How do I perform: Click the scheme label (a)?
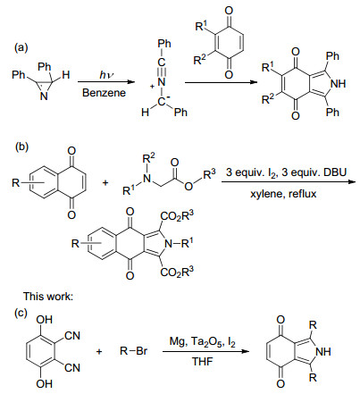pos(21,47)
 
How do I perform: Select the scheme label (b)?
pos(21,147)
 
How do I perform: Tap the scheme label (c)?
pos(21,313)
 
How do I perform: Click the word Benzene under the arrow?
pos(104,93)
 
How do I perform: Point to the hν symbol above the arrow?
pos(106,75)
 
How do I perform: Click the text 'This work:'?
pos(48,297)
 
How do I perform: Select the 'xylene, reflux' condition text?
pos(283,194)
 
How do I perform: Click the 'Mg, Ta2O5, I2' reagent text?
pos(203,341)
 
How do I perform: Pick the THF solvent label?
pos(203,361)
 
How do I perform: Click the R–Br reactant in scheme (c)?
pos(133,351)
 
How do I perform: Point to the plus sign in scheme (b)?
pos(105,182)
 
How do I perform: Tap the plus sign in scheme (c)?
pos(99,352)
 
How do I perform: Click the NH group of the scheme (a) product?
pos(339,84)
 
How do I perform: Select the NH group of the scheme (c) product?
pos(323,351)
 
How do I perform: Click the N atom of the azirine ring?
pos(44,96)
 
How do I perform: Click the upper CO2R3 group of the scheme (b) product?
pos(177,216)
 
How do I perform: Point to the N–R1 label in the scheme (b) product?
pos(179,244)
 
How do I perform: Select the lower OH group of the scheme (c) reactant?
pos(45,384)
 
